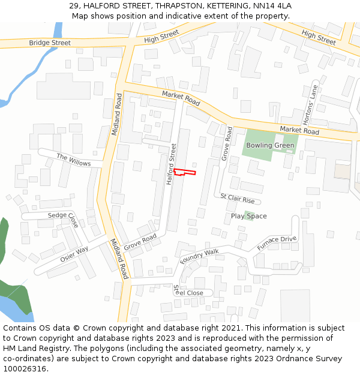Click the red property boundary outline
tap(185, 173)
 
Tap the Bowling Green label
tap(270, 145)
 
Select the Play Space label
tap(249, 216)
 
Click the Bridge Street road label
tap(50, 43)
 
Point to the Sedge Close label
tap(63, 219)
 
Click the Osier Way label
tap(74, 254)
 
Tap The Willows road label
tap(74, 160)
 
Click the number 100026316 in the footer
tap(25, 368)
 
